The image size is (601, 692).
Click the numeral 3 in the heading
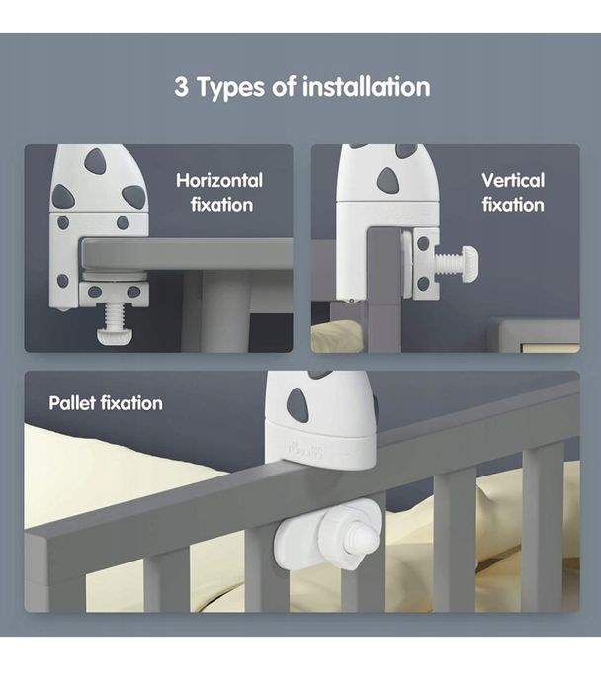tap(181, 87)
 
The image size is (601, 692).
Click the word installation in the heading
tap(367, 87)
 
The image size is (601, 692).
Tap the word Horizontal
tap(219, 180)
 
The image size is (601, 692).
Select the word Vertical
tap(513, 180)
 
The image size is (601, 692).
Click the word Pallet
tap(72, 403)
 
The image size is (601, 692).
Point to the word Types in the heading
tap(230, 87)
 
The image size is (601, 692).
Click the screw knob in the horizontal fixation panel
tap(115, 336)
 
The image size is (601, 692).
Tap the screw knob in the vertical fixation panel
tap(470, 263)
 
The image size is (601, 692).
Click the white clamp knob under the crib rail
tap(327, 534)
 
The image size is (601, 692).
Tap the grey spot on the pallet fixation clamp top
tap(298, 405)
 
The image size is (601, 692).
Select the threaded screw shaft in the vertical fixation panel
tap(450, 263)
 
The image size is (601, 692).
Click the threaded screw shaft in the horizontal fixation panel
tap(115, 317)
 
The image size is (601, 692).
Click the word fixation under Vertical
tap(513, 205)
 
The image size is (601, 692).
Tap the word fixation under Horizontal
tap(222, 205)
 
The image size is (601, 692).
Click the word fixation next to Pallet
tap(131, 403)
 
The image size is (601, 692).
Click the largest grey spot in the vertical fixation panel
tap(387, 180)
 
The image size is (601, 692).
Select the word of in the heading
tap(284, 87)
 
